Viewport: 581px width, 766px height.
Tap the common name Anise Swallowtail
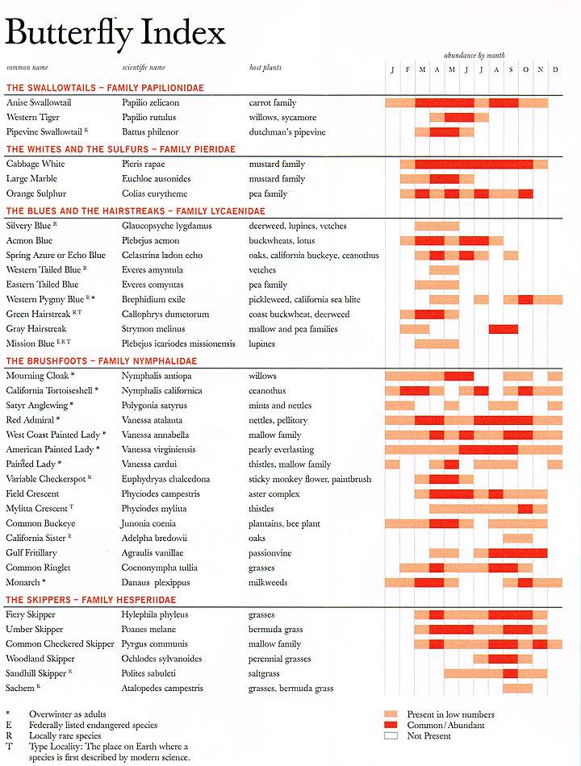pyautogui.click(x=39, y=102)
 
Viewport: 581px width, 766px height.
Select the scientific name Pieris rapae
pyautogui.click(x=145, y=164)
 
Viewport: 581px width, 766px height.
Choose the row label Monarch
pyautogui.click(x=24, y=582)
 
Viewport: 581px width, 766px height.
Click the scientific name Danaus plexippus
pyautogui.click(x=155, y=582)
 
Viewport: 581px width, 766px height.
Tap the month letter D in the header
pyautogui.click(x=555, y=69)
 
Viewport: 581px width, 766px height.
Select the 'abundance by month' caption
pyautogui.click(x=474, y=55)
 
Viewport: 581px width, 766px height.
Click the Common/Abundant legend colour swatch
pyautogui.click(x=392, y=725)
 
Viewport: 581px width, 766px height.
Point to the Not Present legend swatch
pyautogui.click(x=392, y=735)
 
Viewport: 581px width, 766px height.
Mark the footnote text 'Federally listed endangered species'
pyautogui.click(x=93, y=725)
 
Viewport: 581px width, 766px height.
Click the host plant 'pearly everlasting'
pyautogui.click(x=282, y=449)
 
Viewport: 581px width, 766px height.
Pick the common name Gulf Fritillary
pyautogui.click(x=31, y=552)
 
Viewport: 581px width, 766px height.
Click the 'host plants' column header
pyautogui.click(x=265, y=68)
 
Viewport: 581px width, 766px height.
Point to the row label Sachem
pyautogui.click(x=20, y=689)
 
